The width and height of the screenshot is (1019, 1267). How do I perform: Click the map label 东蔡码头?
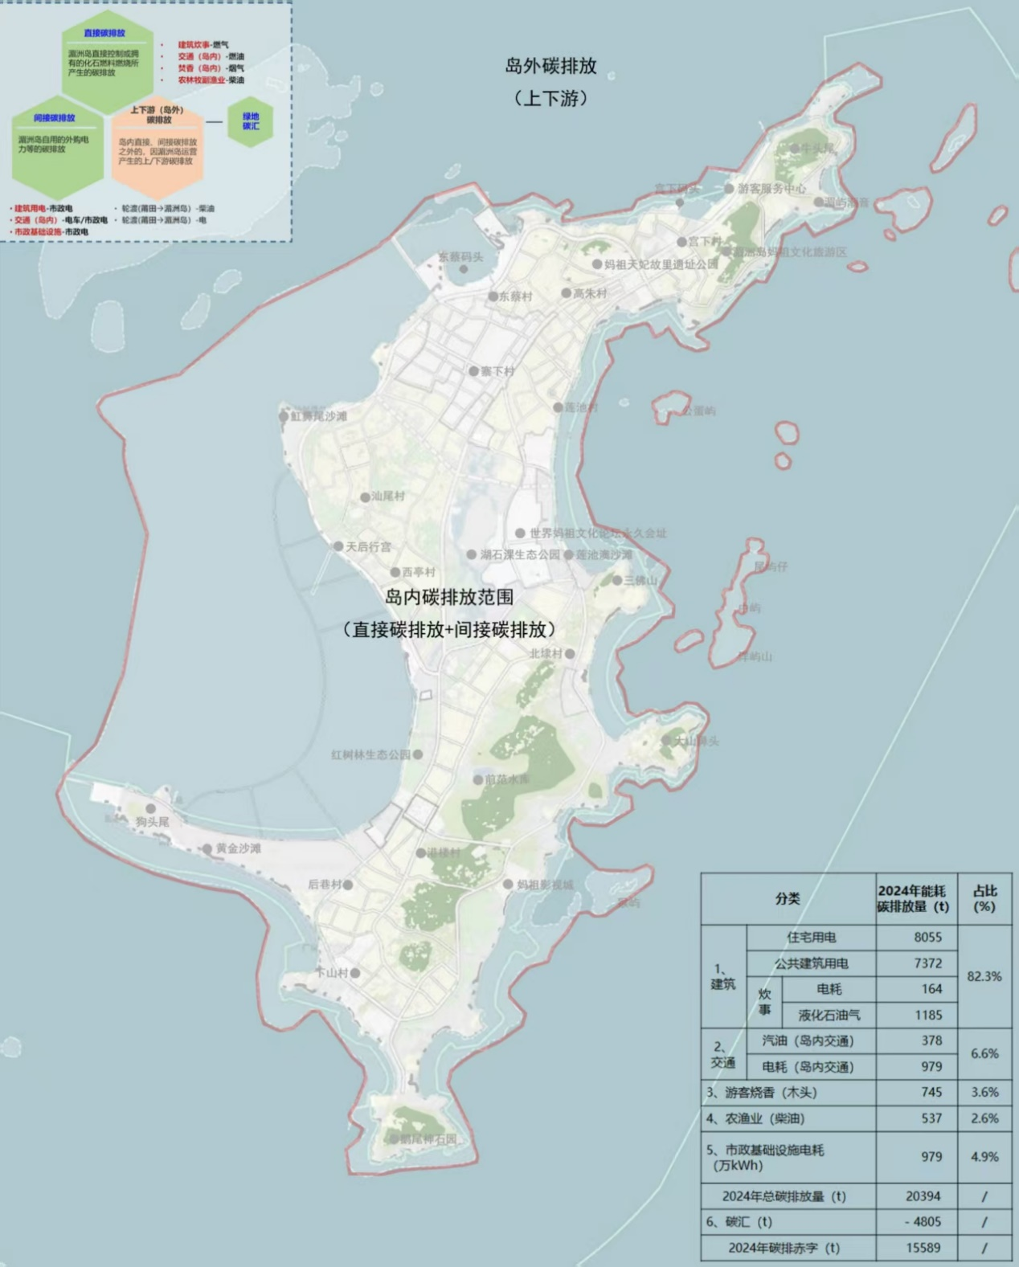point(460,257)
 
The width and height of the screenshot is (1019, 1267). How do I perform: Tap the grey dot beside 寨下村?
point(474,371)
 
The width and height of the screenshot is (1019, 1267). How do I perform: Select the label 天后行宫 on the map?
point(369,546)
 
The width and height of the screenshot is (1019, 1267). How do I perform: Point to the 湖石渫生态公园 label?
point(520,554)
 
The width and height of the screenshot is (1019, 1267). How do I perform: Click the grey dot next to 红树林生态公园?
point(418,754)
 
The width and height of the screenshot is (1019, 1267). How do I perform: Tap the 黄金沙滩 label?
point(239,848)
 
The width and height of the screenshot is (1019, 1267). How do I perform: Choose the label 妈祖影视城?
point(545,885)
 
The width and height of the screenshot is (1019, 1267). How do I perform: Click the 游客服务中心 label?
point(771,188)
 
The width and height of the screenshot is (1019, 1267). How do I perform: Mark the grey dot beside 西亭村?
point(395,572)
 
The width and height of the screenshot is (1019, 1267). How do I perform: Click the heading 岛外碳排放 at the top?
point(550,67)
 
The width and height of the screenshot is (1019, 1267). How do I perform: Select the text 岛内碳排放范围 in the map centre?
point(448,597)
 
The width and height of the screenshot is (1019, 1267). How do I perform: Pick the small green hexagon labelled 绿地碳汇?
point(251,122)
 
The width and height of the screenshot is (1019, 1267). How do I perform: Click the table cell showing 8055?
point(927,937)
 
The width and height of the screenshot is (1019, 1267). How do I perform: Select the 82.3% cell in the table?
point(984,976)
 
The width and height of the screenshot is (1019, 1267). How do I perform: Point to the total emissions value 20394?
point(923,1196)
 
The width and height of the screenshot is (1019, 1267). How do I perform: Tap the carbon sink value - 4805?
point(923,1222)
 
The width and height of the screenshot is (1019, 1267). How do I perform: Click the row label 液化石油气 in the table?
point(829,1015)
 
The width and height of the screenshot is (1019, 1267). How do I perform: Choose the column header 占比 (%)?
point(984,898)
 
